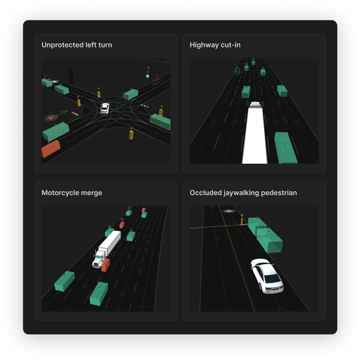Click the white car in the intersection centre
pos(104,109)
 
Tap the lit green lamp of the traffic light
pos(148,76)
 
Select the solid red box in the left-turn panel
pos(51,149)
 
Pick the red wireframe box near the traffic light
pos(157,81)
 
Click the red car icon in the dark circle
pos(51,118)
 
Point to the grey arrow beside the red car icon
pos(61,113)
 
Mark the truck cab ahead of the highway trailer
pos(256,104)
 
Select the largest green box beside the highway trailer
pos(286,148)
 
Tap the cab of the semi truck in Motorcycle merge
pos(99,259)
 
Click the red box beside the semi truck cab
pos(106,265)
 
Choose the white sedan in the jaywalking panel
pos(267,276)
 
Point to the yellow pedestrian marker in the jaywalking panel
pos(242,221)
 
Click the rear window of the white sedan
pos(272,279)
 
